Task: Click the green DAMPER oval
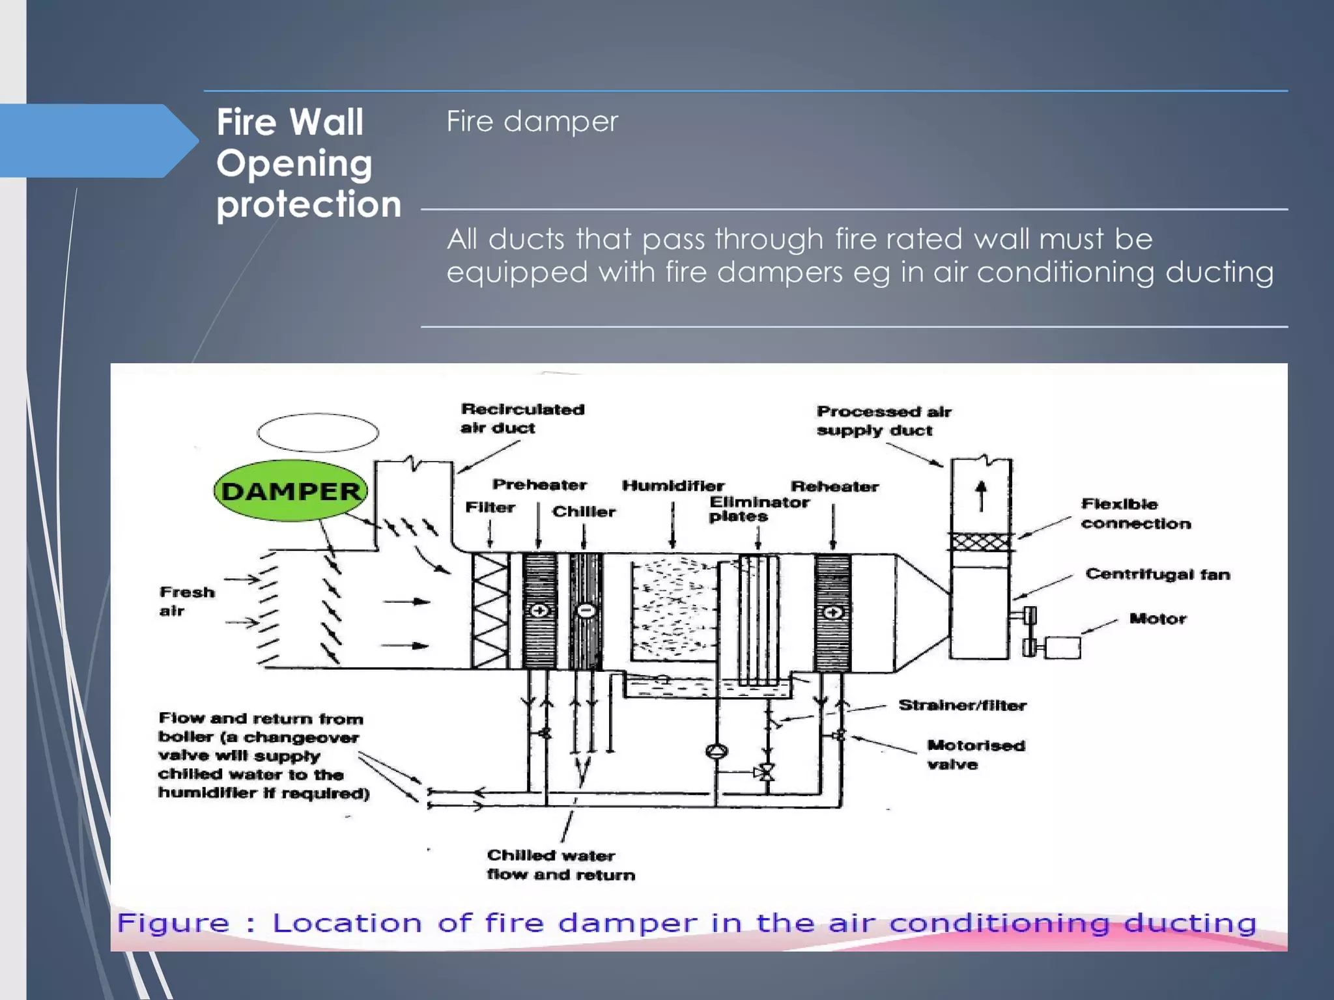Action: (x=291, y=491)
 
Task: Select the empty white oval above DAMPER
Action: (x=318, y=432)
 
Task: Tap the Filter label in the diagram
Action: (x=490, y=507)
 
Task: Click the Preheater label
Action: (x=539, y=485)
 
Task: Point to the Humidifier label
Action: (x=673, y=486)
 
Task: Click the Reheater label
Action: (x=834, y=486)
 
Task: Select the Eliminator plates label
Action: (x=759, y=509)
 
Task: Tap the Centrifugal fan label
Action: (x=1157, y=574)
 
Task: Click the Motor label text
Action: (x=1157, y=618)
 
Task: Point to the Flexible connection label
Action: (x=1135, y=514)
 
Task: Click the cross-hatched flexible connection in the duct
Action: (x=981, y=542)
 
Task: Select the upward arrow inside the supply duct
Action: (x=981, y=495)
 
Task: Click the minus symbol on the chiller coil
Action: (x=586, y=611)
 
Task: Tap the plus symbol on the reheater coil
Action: (x=833, y=613)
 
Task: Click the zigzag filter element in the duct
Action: (x=490, y=611)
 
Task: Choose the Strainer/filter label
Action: (x=962, y=705)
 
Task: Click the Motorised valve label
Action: (x=975, y=755)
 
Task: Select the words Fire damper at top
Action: (x=532, y=122)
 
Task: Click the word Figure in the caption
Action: (x=173, y=923)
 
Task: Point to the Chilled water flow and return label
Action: (x=560, y=865)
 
